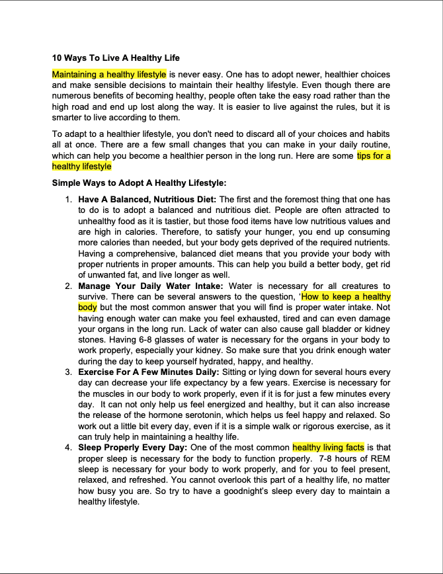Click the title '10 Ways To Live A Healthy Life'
point(116,58)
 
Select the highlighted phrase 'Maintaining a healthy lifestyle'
point(109,75)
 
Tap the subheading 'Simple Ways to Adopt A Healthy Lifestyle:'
point(139,183)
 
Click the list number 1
point(69,199)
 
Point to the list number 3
point(69,372)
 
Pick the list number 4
point(69,448)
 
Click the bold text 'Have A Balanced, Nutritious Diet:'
point(147,199)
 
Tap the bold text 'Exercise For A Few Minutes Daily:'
point(149,372)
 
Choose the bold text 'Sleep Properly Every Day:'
point(133,448)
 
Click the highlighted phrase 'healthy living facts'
point(328,448)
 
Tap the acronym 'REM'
point(381,458)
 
